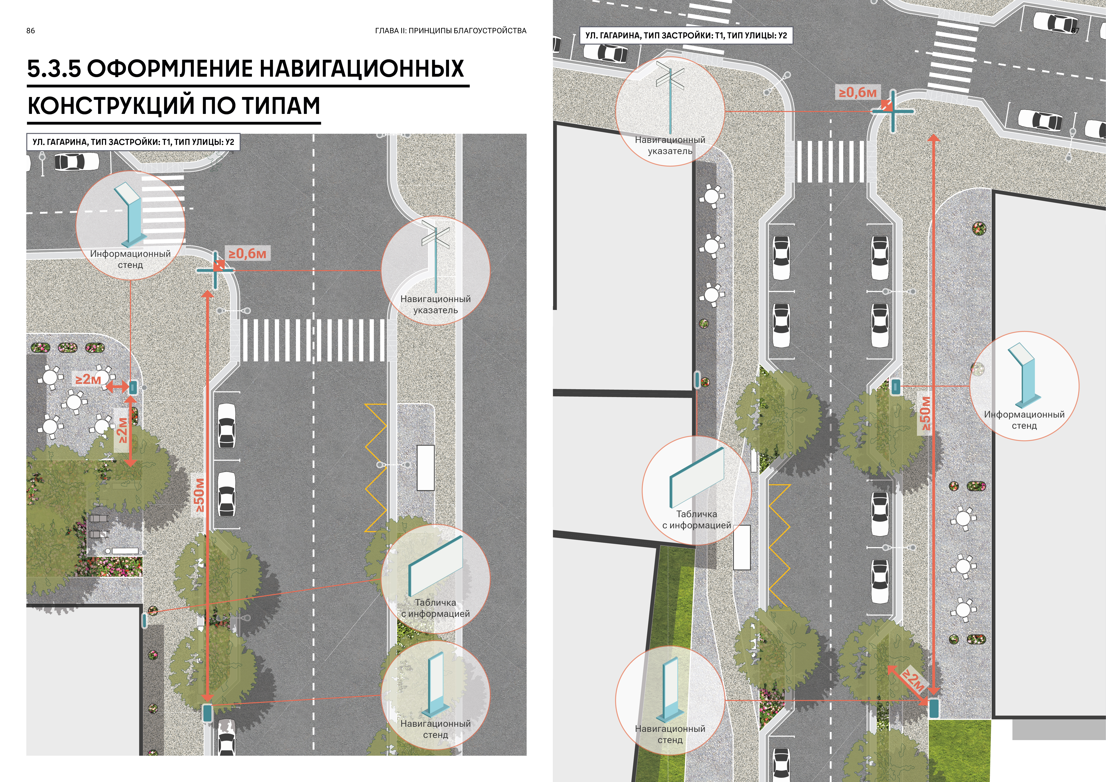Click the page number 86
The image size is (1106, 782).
[30, 31]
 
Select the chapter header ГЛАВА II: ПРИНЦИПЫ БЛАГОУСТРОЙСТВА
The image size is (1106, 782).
[450, 31]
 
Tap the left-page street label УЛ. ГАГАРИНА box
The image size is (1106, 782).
[133, 142]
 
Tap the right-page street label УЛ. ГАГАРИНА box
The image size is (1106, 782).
[686, 36]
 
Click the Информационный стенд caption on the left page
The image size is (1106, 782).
[130, 259]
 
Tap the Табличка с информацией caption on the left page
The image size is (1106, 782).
[435, 608]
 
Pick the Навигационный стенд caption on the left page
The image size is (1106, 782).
[435, 729]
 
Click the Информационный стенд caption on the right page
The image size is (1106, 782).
[1024, 420]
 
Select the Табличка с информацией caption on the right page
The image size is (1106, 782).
[696, 520]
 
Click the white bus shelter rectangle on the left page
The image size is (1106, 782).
[425, 467]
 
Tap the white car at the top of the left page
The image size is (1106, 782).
[76, 162]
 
